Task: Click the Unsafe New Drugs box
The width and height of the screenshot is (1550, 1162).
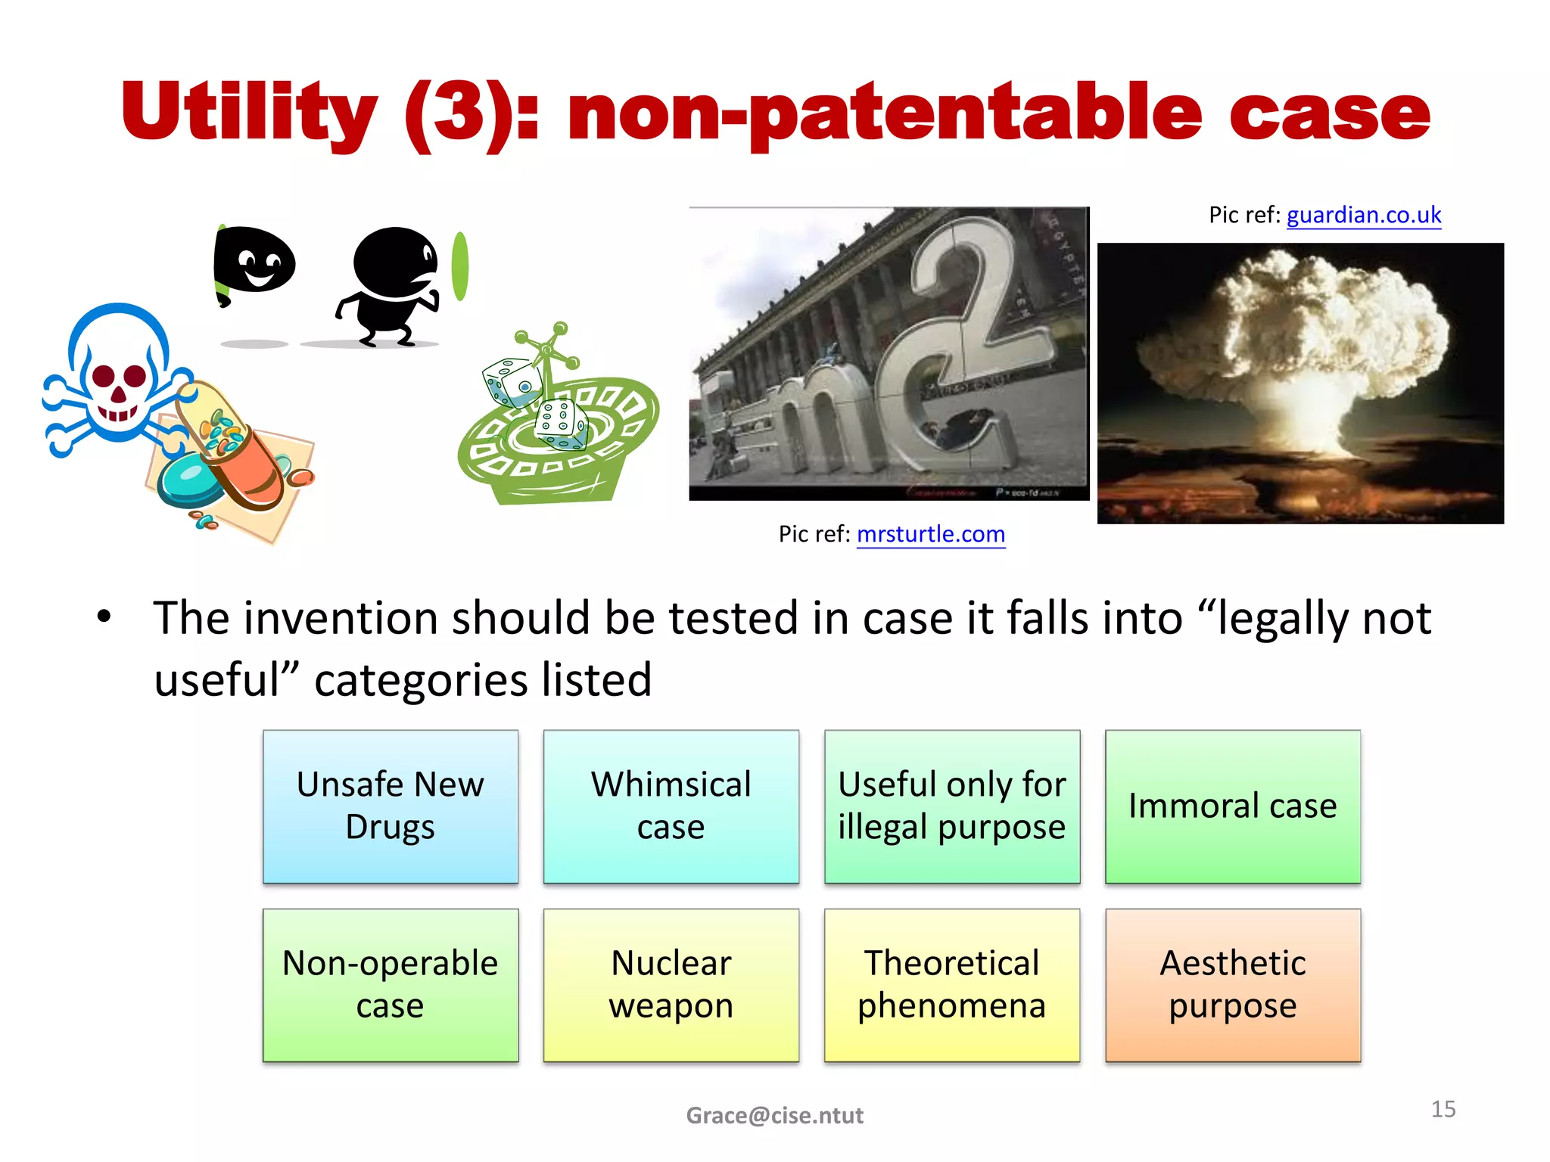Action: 391,806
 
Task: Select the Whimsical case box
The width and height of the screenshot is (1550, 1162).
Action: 671,806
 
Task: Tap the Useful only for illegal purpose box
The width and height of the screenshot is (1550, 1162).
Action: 951,806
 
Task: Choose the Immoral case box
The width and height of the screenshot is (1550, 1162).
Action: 1232,806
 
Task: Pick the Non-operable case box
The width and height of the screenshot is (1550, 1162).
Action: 391,985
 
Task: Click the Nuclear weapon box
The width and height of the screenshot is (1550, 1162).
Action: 671,985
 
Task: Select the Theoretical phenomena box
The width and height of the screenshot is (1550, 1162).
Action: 951,985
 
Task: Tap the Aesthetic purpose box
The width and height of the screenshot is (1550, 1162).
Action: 1232,985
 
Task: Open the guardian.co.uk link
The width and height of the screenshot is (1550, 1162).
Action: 1363,216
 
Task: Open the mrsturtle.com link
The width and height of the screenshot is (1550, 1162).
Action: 930,534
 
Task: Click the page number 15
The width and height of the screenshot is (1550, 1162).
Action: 1443,1109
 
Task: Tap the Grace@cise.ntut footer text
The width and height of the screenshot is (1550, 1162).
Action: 774,1115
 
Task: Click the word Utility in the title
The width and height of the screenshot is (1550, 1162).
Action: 250,113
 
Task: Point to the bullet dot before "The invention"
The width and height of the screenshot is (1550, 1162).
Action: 104,617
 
